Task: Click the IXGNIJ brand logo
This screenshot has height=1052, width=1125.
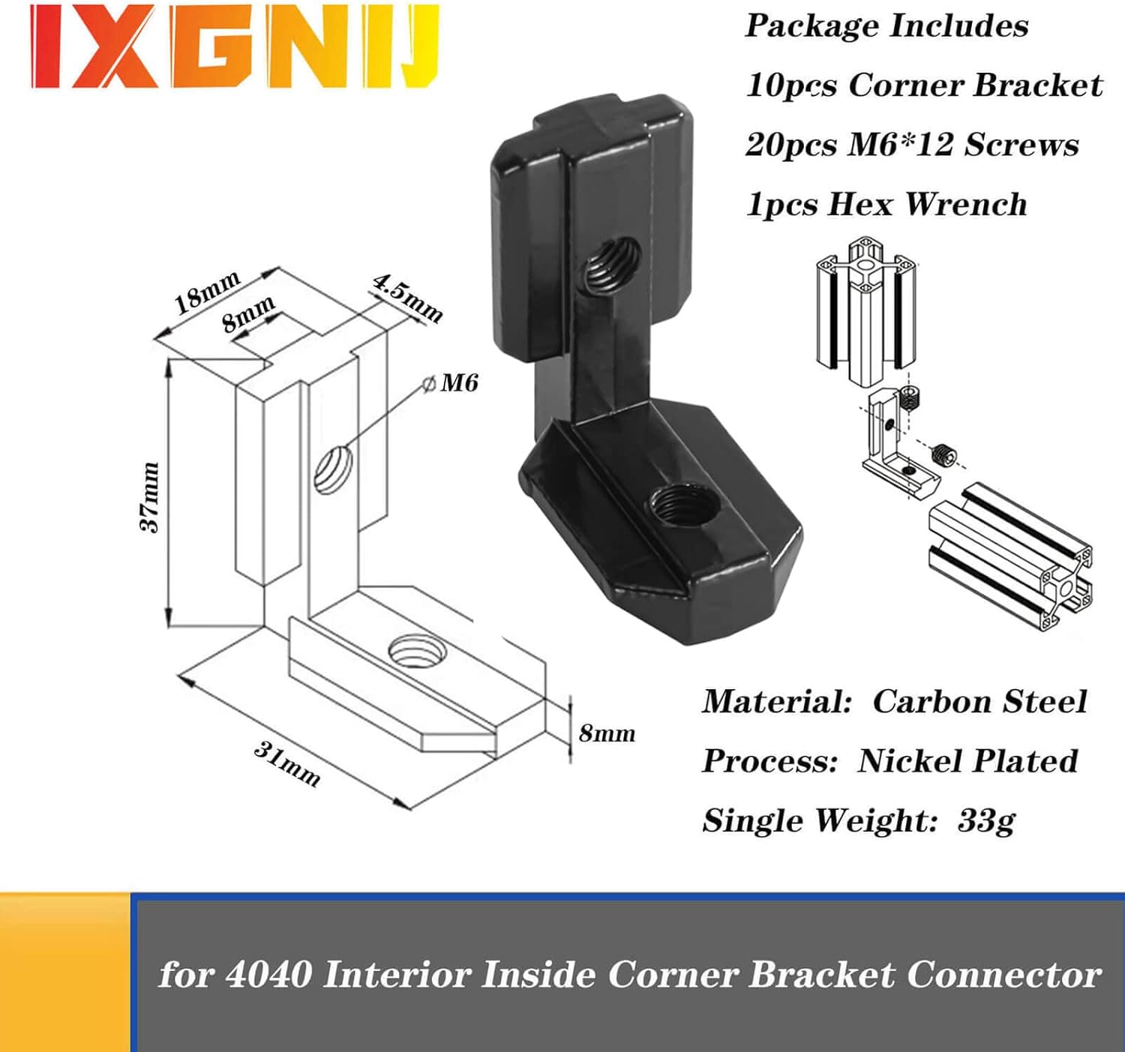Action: coord(235,47)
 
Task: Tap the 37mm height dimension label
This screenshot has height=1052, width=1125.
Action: coord(150,497)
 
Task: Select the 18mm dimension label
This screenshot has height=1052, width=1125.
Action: coord(207,292)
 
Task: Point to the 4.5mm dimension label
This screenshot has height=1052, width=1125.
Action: coord(406,298)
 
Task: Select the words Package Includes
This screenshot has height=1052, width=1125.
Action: coord(886,26)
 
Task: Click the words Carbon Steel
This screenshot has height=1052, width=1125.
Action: coord(980,702)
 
